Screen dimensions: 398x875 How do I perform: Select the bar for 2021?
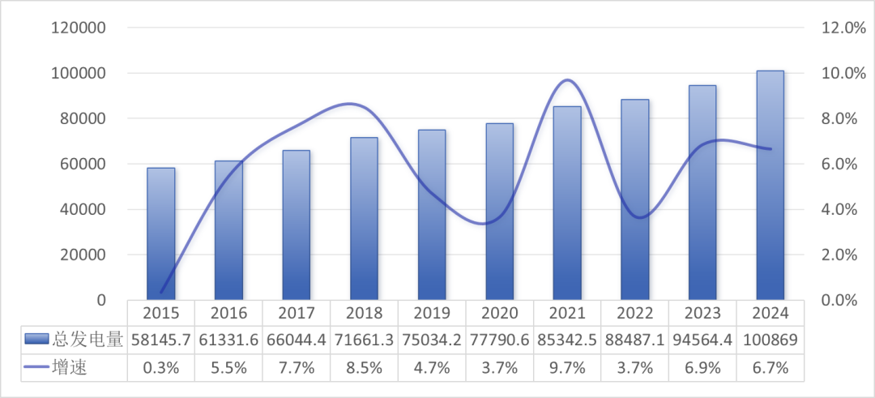pyautogui.click(x=567, y=203)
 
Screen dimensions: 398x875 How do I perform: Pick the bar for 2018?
pyautogui.click(x=364, y=219)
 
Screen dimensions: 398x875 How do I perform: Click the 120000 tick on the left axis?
pyautogui.click(x=79, y=28)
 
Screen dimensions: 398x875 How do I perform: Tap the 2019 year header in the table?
pyautogui.click(x=432, y=312)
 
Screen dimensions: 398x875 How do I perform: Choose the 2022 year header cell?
pyautogui.click(x=635, y=312)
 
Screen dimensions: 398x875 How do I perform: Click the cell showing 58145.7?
pyautogui.click(x=160, y=340)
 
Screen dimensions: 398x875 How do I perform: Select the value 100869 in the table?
pyautogui.click(x=770, y=340)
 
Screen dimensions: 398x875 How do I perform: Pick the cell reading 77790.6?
pyautogui.click(x=500, y=340)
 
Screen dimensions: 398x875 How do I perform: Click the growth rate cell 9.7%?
pyautogui.click(x=567, y=367)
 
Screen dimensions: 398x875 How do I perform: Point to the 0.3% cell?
pyautogui.click(x=160, y=367)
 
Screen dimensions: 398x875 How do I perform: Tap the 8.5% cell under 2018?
pyautogui.click(x=364, y=367)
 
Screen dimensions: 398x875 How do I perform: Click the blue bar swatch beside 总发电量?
pyautogui.click(x=36, y=340)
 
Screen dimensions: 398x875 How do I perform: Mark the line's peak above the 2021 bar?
pyautogui.click(x=567, y=80)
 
